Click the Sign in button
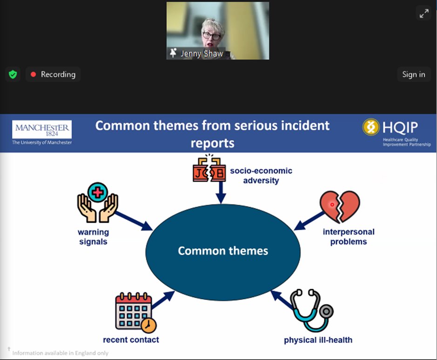pos(413,74)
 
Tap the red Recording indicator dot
pos(33,74)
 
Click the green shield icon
pos(13,74)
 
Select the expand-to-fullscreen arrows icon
pos(424,14)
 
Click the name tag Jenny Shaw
pos(201,54)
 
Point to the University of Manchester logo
pos(42,133)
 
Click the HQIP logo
pos(396,132)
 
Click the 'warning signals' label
pos(93,237)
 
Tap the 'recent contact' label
pos(131,340)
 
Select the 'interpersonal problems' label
pos(349,237)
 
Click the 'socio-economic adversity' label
pos(261,176)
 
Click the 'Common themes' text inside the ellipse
pos(223,251)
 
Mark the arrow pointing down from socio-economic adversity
pos(221,192)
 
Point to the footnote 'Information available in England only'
pos(60,353)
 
